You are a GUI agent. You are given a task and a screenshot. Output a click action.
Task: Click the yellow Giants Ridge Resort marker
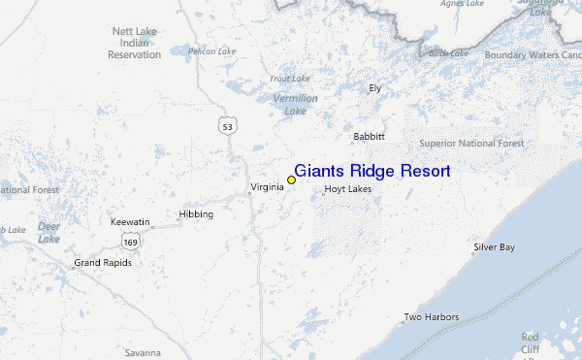(291, 180)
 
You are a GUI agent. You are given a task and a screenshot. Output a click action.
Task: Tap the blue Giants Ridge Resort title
(372, 171)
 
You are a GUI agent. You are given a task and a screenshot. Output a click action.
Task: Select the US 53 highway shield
(227, 126)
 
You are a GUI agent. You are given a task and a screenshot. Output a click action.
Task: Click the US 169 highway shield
(130, 240)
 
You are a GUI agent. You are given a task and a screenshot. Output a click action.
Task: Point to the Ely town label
(375, 88)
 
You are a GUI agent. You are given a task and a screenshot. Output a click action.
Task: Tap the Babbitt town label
(370, 137)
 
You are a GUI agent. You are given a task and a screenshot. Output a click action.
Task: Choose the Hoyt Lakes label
(347, 189)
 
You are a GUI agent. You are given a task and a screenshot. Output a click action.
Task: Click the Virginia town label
(267, 186)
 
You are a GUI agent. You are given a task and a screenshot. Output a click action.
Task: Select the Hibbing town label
(195, 214)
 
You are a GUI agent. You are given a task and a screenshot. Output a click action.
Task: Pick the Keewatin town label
(129, 222)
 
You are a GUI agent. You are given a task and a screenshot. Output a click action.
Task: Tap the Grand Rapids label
(103, 263)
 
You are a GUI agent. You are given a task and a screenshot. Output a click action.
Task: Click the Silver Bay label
(494, 247)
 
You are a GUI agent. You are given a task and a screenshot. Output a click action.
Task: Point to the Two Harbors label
(431, 317)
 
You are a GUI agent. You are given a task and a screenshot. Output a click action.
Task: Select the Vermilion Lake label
(295, 105)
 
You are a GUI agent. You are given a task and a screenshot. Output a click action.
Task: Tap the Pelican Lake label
(212, 50)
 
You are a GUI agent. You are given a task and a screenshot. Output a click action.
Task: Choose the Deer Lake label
(48, 232)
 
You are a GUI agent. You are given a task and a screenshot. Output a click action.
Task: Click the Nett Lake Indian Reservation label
(135, 44)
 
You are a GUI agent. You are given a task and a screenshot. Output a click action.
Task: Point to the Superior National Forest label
(471, 144)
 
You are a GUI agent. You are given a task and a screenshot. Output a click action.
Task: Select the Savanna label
(142, 352)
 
